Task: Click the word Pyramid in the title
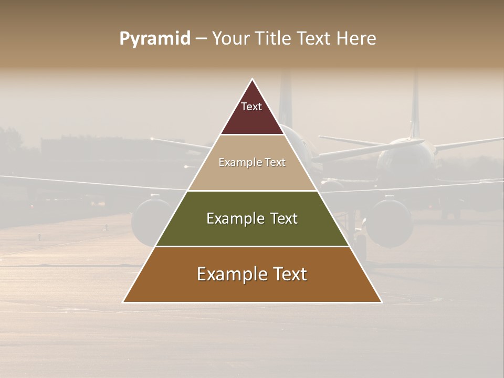click(155, 39)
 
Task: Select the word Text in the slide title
click(316, 39)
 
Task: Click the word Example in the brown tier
click(231, 275)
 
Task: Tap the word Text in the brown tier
click(288, 275)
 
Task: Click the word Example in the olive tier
click(235, 219)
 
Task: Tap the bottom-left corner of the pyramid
click(123, 302)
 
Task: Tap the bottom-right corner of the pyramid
click(381, 302)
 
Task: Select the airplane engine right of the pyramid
click(389, 220)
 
